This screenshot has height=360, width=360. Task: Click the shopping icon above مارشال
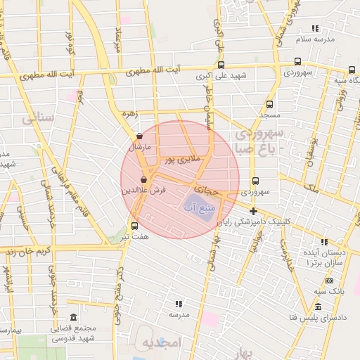[139, 136]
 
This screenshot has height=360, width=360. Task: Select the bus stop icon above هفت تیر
[134, 226]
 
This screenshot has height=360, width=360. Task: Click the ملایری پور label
[183, 160]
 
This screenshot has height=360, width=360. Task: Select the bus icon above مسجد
[269, 103]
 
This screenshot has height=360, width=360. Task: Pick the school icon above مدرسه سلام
[315, 29]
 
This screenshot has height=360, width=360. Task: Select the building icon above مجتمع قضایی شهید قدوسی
[74, 317]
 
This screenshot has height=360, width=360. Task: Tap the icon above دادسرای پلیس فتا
[318, 307]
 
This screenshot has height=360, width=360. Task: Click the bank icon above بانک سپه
[329, 281]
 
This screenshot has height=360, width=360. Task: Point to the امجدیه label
[161, 342]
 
